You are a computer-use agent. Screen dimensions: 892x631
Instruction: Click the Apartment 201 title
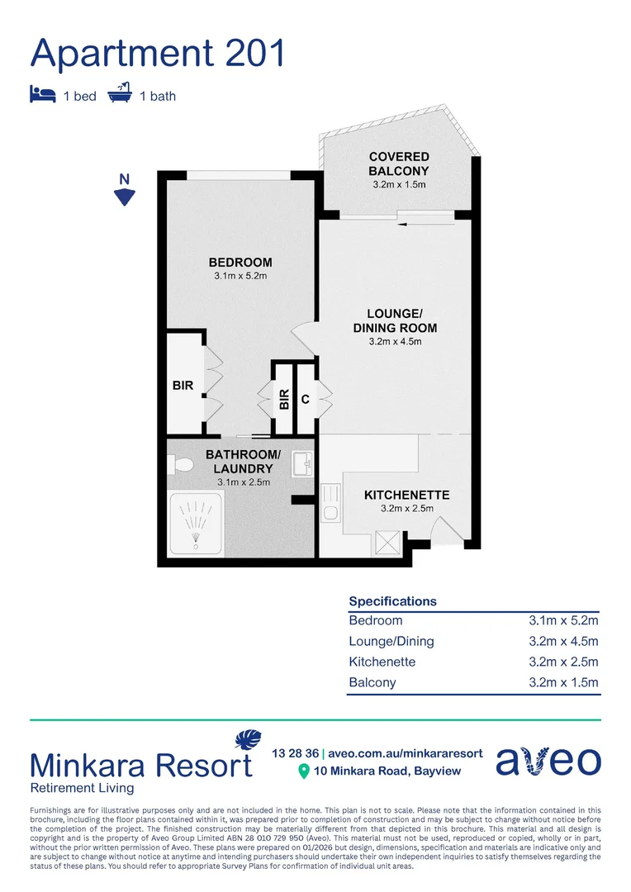click(x=158, y=52)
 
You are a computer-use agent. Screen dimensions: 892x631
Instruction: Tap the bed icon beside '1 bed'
click(x=42, y=95)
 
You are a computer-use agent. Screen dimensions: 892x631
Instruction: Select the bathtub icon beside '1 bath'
click(x=120, y=93)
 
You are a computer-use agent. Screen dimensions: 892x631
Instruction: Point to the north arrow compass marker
click(x=124, y=196)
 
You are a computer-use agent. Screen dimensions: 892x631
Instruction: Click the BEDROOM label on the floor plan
click(x=240, y=263)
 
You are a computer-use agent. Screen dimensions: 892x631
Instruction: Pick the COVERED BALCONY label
click(x=399, y=164)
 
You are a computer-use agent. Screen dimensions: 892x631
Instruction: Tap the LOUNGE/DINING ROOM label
click(x=395, y=320)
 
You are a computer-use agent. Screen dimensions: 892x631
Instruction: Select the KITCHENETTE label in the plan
click(x=406, y=495)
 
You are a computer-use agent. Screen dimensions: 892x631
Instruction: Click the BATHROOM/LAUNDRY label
click(x=243, y=462)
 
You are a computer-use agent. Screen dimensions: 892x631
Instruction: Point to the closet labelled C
click(x=306, y=400)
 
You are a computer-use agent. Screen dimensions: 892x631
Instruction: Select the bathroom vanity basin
click(x=301, y=463)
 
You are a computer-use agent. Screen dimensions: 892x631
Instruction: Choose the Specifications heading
click(x=392, y=601)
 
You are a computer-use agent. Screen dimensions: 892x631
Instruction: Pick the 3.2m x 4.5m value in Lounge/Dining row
click(x=564, y=641)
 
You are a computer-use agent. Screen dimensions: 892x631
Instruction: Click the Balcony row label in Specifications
click(x=372, y=682)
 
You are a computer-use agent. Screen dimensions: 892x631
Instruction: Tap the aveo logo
click(x=548, y=761)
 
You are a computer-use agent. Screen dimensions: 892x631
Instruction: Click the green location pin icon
click(x=303, y=771)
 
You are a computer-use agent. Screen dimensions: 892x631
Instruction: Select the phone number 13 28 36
click(x=295, y=753)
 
